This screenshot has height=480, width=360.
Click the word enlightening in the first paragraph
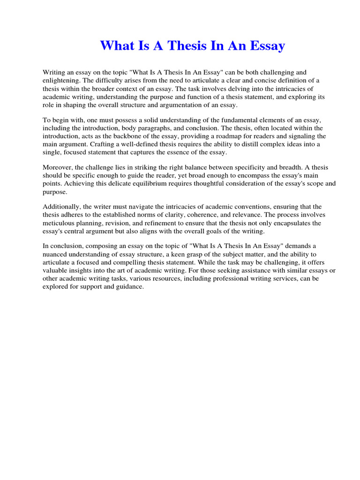pyautogui.click(x=62, y=80)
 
